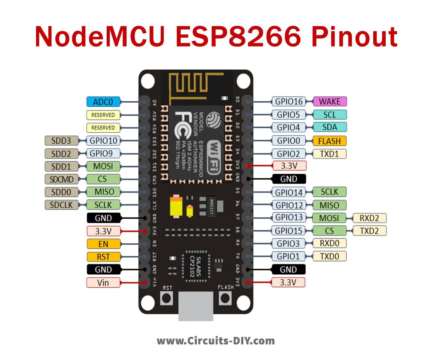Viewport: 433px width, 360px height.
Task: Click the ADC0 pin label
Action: [103, 101]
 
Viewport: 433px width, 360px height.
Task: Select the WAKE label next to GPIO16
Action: [330, 101]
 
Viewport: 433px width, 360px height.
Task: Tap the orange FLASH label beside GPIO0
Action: [329, 141]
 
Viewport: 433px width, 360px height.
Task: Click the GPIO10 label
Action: [103, 141]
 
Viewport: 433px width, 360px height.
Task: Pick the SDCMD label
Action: [62, 179]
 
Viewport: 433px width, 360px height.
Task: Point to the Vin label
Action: [103, 282]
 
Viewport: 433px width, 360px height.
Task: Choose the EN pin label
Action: [103, 244]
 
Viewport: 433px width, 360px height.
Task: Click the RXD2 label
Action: [370, 218]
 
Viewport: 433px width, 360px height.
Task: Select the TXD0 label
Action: [329, 256]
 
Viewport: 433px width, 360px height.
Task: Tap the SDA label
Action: [329, 127]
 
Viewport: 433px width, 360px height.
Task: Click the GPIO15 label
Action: [288, 231]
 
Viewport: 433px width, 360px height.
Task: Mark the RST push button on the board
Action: [166, 298]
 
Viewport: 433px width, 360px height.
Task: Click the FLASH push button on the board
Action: [225, 298]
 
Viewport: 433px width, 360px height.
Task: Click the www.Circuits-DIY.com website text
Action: [216, 341]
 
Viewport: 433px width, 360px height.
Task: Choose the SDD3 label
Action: [62, 141]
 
